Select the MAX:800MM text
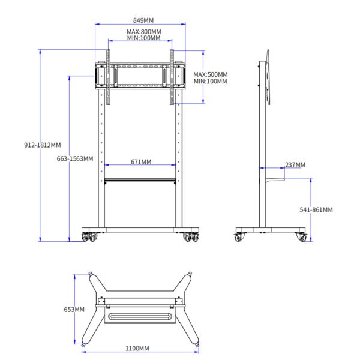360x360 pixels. click(x=143, y=31)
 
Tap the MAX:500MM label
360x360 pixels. click(x=210, y=74)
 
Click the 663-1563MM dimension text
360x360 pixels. click(x=75, y=158)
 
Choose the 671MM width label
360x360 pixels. click(x=140, y=161)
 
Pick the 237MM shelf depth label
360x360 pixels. click(x=295, y=164)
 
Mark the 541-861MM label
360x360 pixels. click(x=316, y=209)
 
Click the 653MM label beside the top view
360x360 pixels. click(x=75, y=310)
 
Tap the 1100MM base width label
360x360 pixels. click(x=137, y=348)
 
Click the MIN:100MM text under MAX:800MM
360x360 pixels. click(x=143, y=38)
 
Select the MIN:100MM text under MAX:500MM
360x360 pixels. click(x=210, y=81)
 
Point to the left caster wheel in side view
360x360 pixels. click(x=240, y=238)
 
